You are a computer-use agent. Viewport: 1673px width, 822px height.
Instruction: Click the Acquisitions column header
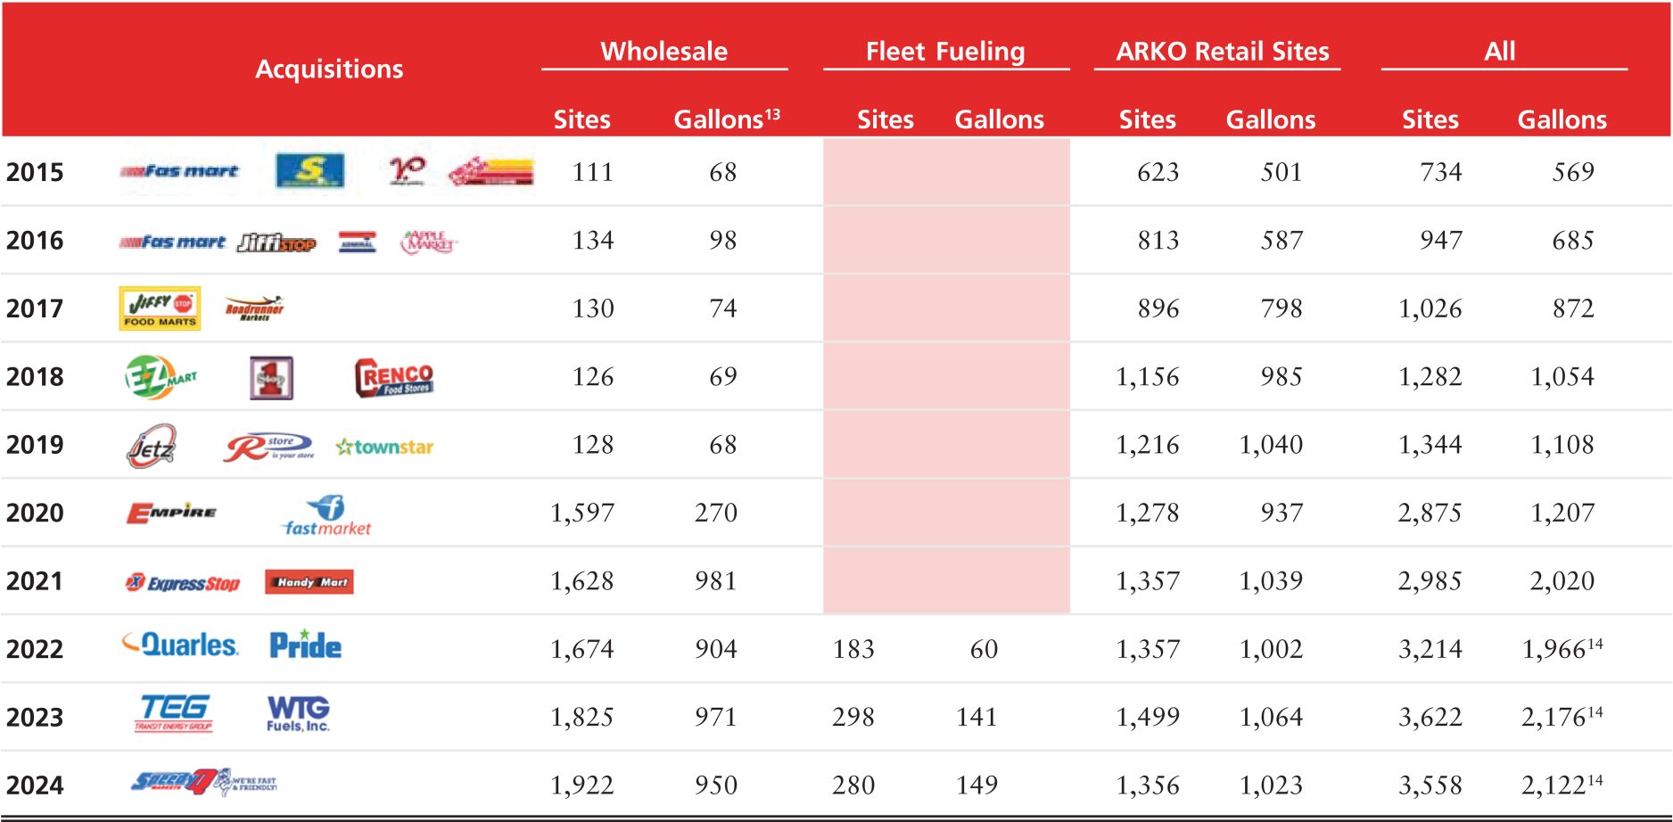329,69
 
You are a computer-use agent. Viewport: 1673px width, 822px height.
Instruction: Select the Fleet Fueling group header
945,51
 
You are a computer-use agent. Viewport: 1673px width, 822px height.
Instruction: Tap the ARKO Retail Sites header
1222,51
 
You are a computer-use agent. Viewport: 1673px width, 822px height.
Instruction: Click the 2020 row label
35,513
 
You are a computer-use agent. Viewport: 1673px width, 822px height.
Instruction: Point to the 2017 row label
35,308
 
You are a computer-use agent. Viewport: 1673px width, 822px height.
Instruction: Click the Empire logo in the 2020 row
171,513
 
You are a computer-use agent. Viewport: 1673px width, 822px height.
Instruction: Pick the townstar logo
384,447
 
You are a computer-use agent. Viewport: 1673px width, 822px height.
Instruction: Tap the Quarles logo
181,645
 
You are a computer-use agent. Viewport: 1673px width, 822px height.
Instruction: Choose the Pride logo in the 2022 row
305,645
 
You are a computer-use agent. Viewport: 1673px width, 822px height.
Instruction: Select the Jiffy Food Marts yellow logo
160,308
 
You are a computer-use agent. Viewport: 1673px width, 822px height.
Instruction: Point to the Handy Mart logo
309,582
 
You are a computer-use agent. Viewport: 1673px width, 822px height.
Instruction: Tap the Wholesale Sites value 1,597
581,513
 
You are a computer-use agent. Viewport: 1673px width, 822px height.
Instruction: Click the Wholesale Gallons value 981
716,581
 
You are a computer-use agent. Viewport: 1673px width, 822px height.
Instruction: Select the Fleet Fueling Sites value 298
853,717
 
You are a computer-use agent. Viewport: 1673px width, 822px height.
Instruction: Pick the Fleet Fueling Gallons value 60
984,649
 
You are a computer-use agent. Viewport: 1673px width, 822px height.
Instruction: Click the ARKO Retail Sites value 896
1158,308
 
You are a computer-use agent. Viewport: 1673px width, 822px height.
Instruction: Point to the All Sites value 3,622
1430,717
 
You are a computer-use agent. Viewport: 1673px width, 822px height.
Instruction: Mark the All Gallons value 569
1572,172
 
